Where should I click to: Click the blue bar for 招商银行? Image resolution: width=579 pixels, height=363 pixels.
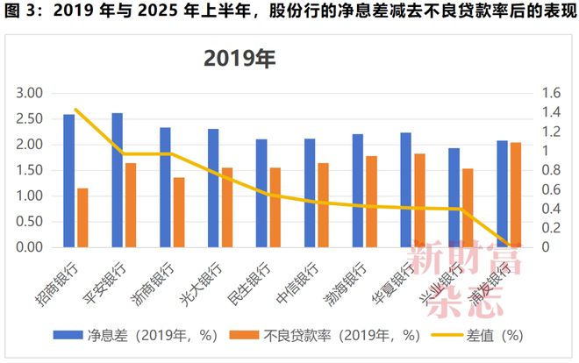click(69, 181)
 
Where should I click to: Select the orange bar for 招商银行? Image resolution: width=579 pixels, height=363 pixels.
click(83, 217)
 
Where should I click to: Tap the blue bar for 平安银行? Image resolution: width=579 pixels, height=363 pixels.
click(118, 180)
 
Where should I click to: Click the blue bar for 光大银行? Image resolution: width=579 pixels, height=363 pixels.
click(213, 188)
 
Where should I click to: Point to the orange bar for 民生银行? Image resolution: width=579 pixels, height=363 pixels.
click(275, 207)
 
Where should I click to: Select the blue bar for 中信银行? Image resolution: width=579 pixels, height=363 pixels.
click(310, 193)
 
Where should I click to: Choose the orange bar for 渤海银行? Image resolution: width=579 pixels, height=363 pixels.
click(372, 202)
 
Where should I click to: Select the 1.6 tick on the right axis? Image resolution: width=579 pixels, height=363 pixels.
click(550, 93)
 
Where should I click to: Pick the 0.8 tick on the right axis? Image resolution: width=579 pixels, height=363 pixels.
click(550, 170)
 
